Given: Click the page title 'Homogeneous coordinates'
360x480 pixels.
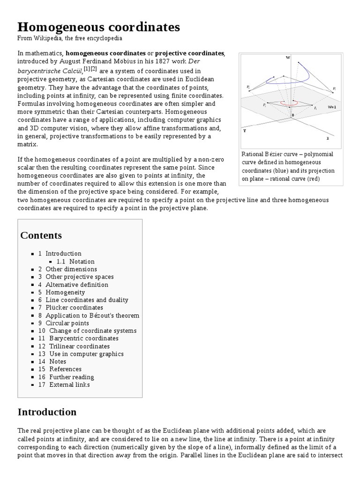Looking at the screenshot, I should pyautogui.click(x=98, y=27).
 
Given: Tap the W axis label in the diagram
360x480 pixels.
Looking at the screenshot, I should pyautogui.click(x=288, y=58).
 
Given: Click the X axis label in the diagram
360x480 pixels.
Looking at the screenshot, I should pyautogui.click(x=328, y=138).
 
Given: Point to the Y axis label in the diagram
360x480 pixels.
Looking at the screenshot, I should pyautogui.click(x=244, y=131).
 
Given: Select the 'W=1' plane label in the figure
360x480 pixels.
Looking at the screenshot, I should pyautogui.click(x=332, y=107).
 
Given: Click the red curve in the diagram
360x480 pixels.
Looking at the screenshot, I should pyautogui.click(x=289, y=103).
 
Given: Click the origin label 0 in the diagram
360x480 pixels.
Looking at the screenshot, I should pyautogui.click(x=293, y=115).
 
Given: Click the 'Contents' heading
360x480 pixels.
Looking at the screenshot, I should pyautogui.click(x=41, y=235).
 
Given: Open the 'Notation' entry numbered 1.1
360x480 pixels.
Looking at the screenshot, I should pyautogui.click(x=82, y=262).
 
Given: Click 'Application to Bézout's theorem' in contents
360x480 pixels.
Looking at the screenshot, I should pyautogui.click(x=92, y=315).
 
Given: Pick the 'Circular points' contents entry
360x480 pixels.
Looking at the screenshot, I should pyautogui.click(x=67, y=323).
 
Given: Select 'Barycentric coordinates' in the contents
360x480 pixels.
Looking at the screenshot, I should pyautogui.click(x=83, y=338).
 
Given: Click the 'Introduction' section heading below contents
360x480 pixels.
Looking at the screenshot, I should pyautogui.click(x=47, y=412).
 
